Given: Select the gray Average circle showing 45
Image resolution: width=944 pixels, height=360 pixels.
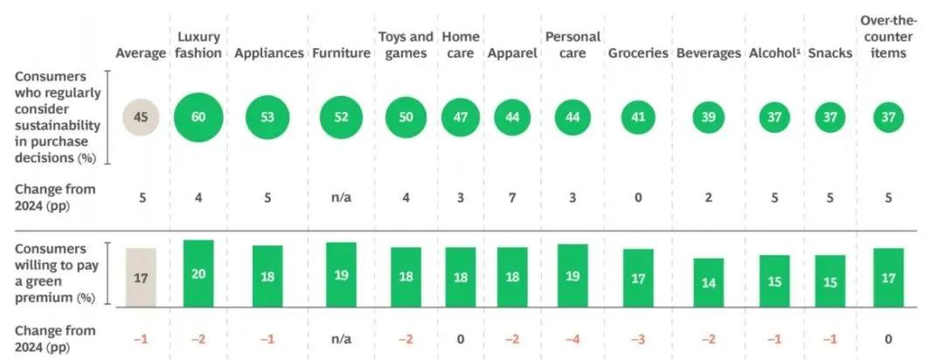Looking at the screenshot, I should (x=141, y=118).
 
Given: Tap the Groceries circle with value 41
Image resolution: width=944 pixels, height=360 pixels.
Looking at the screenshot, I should (x=638, y=118).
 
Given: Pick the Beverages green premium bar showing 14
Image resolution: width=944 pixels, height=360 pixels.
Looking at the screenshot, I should (x=708, y=280).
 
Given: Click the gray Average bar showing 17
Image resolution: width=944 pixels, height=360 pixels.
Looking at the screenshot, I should (x=141, y=277).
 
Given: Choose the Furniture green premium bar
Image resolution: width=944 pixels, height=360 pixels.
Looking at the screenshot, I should (x=341, y=273).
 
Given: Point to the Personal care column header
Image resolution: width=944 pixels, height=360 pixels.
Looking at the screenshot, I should (x=572, y=45).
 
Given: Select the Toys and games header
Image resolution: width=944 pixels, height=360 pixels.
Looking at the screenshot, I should (x=406, y=45).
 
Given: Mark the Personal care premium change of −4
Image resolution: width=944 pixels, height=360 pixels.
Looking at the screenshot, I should (x=572, y=338).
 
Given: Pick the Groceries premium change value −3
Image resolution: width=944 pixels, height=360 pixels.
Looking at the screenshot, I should (x=638, y=338).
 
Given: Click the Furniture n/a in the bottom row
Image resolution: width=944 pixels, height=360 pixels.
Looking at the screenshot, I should (x=341, y=338).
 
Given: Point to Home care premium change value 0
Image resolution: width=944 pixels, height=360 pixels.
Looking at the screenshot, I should (x=461, y=338).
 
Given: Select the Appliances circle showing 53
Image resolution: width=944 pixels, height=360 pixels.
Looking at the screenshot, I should (x=267, y=118).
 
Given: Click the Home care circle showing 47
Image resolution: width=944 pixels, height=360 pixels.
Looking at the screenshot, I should (x=461, y=118).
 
